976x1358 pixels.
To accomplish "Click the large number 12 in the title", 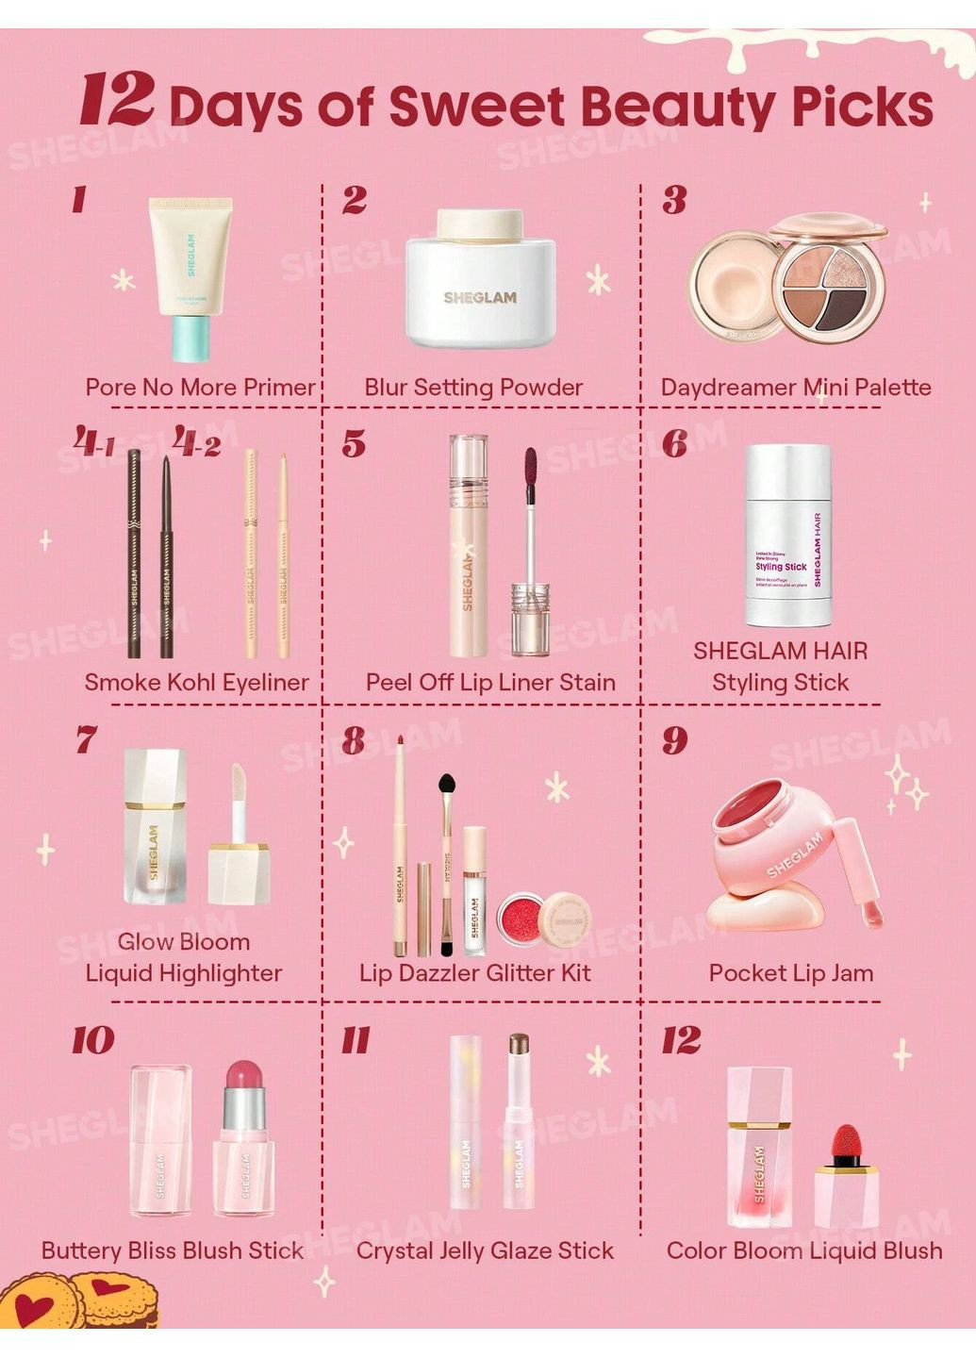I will tap(117, 99).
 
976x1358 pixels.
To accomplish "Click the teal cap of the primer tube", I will tap(191, 338).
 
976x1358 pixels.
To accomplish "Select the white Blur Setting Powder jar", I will tap(480, 280).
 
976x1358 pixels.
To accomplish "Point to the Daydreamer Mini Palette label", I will tap(795, 387).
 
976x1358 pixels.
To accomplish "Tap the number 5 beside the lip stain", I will tap(354, 443).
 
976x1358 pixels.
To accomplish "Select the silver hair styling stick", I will tap(788, 535).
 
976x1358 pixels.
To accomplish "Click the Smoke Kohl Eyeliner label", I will tap(196, 682).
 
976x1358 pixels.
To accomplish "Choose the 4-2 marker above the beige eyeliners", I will tap(197, 441).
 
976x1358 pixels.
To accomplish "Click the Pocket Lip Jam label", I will tap(790, 972).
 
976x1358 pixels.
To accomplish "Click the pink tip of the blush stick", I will tap(243, 1075).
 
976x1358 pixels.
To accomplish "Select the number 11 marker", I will tap(356, 1040).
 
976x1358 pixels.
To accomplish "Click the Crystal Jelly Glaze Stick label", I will tap(485, 1250).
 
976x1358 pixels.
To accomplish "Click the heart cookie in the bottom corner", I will tap(38, 1305).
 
